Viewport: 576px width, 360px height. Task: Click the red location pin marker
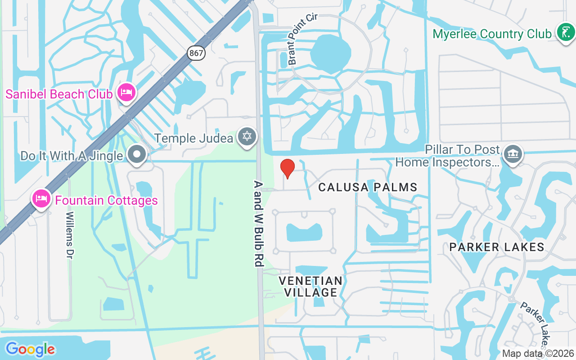tap(288, 168)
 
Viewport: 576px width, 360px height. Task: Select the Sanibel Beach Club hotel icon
tap(126, 93)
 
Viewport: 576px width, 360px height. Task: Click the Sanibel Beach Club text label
tap(58, 94)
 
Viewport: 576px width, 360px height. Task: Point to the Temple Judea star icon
tap(247, 136)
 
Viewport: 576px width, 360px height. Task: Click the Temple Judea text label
tap(194, 138)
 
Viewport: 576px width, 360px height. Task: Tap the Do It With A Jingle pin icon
tap(137, 155)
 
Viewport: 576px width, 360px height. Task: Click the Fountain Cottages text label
tap(107, 200)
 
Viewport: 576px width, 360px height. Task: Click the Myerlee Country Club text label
tap(492, 34)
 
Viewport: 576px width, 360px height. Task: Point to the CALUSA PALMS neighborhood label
tap(368, 187)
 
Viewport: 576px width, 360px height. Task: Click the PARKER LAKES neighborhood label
tap(497, 247)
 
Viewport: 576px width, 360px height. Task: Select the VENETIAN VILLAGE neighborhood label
tap(310, 287)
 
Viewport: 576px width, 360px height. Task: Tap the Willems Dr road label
tap(70, 234)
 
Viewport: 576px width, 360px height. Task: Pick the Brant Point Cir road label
tap(303, 39)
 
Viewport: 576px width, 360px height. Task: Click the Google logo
tap(30, 349)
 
